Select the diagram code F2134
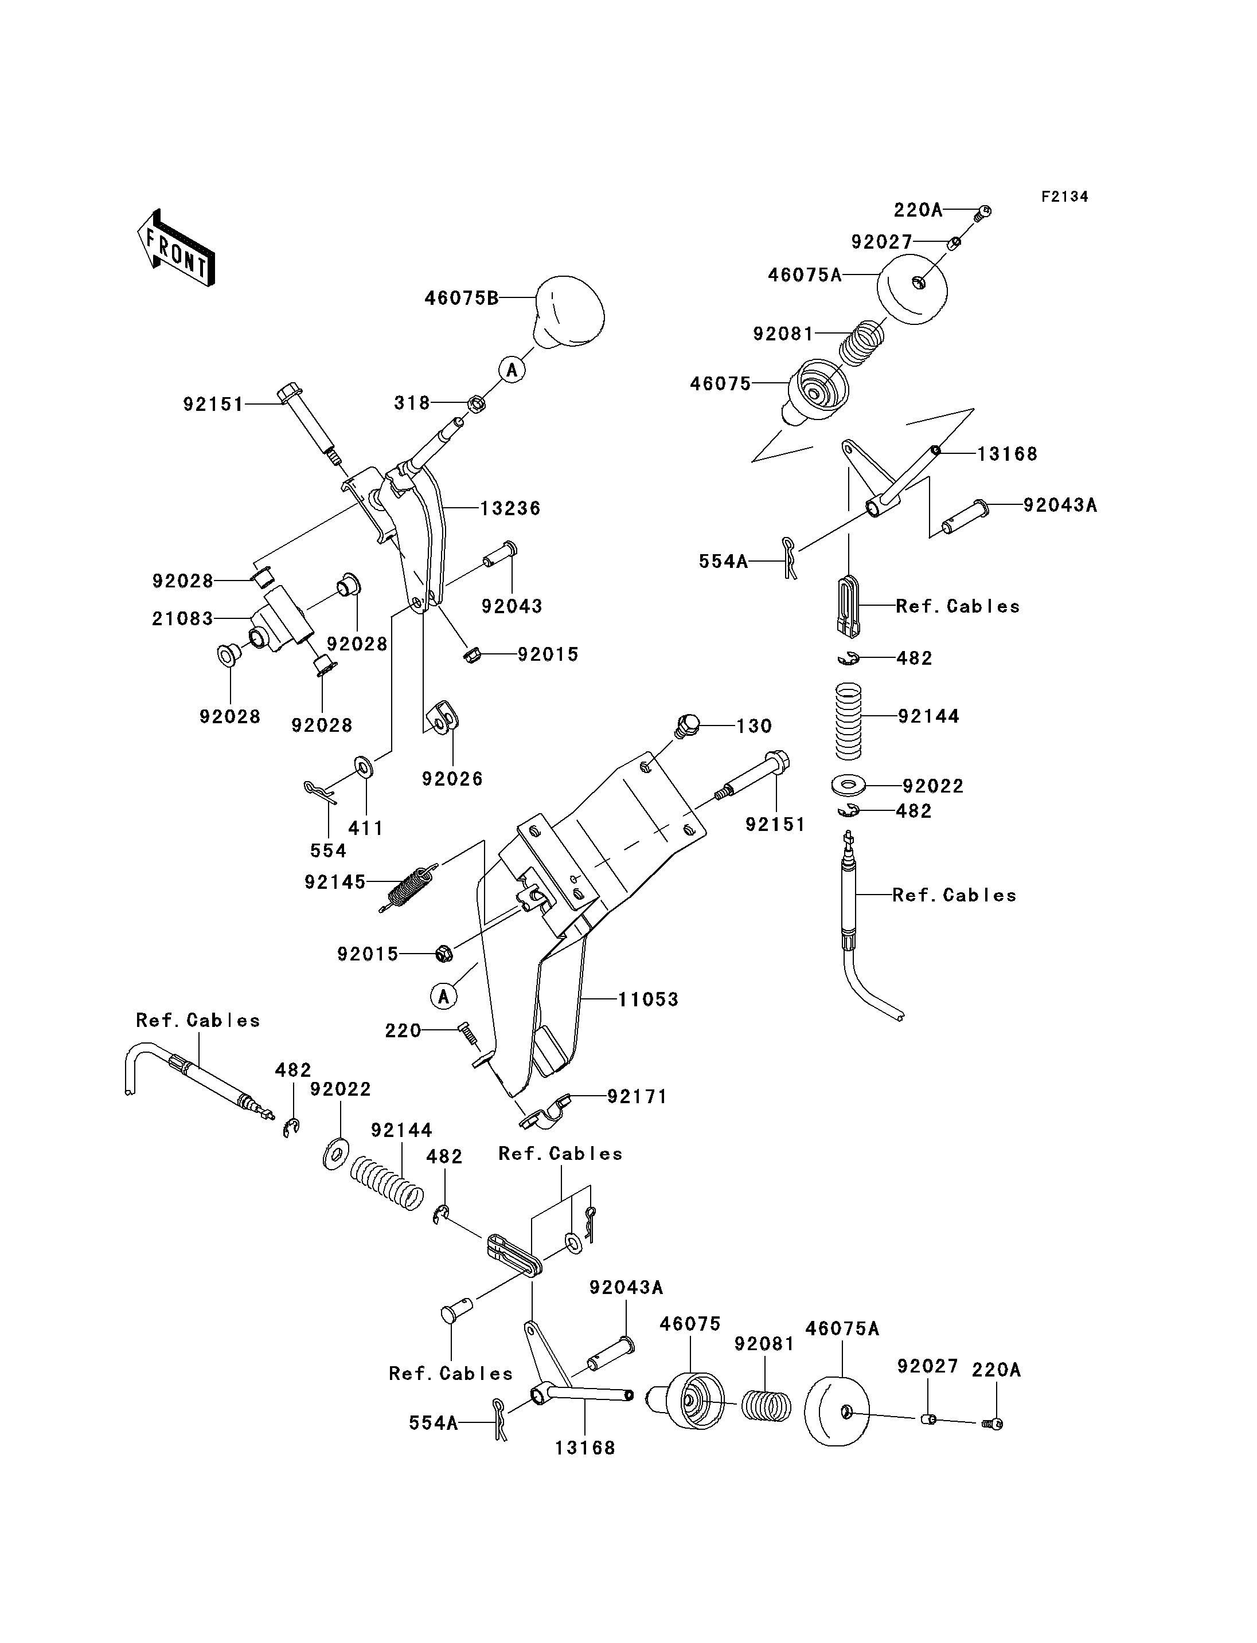click(x=1065, y=197)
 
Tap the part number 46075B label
click(x=462, y=299)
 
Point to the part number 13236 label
click(x=510, y=508)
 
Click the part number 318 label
click(x=412, y=403)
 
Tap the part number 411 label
click(x=366, y=828)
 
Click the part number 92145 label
click(x=335, y=883)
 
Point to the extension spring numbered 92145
click(x=408, y=888)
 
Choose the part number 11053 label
click(x=648, y=999)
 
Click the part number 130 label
click(x=754, y=726)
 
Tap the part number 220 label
click(x=403, y=1032)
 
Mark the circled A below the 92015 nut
click(x=444, y=996)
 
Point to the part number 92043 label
click(x=512, y=606)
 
